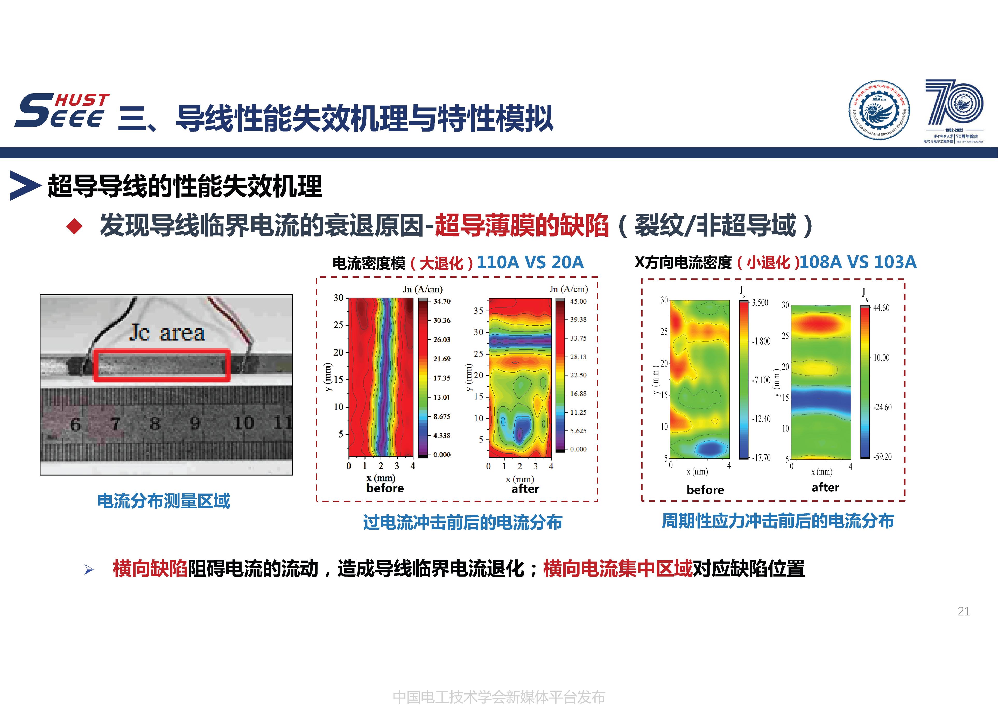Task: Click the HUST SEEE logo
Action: click(62, 111)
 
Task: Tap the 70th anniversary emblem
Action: click(954, 111)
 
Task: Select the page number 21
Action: click(964, 611)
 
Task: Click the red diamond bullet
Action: click(74, 226)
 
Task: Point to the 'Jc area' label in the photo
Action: click(167, 333)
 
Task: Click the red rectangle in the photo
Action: click(162, 366)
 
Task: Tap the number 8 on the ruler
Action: click(155, 423)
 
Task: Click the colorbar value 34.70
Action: click(442, 301)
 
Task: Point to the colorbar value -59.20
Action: click(882, 457)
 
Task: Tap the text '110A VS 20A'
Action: click(530, 262)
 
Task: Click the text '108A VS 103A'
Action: click(858, 262)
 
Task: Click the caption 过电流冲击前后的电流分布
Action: click(462, 522)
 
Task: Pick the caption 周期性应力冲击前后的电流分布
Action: click(778, 521)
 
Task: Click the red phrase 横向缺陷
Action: click(150, 569)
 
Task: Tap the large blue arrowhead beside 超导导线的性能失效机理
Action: click(25, 185)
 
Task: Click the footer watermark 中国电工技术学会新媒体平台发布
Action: click(498, 697)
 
